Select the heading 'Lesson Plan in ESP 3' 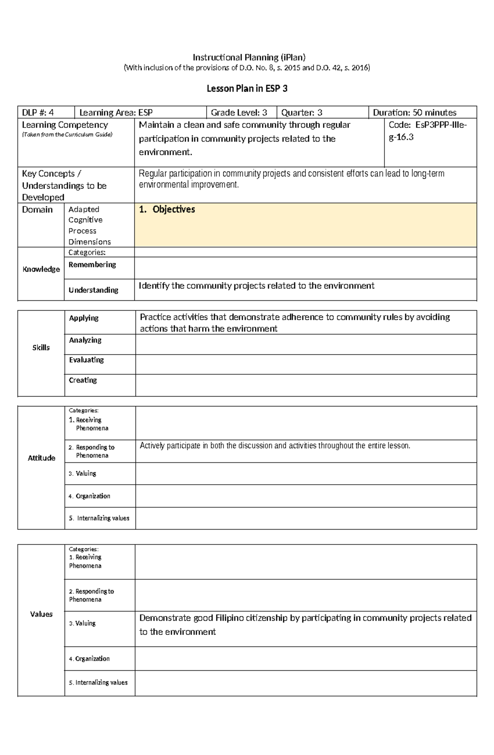247,88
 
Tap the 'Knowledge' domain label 41,269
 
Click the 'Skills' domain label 41,348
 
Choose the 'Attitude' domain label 41,458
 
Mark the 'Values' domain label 41,614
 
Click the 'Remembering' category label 92,265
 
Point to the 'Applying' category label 84,318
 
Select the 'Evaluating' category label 86,360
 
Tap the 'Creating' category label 83,380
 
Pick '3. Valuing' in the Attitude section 82,474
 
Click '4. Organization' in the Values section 89,659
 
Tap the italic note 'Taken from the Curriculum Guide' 67,135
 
